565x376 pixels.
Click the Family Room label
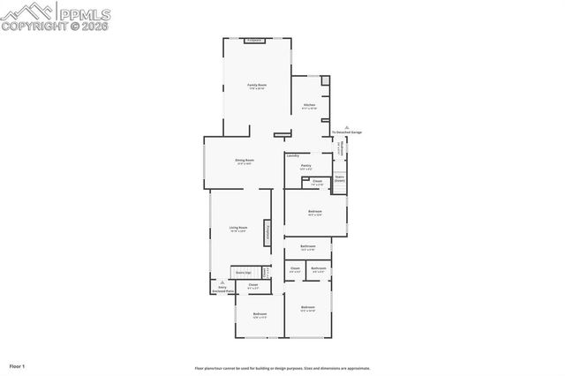[257, 85]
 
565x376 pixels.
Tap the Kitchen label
[309, 105]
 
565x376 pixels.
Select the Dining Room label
[244, 160]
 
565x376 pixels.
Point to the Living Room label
[238, 228]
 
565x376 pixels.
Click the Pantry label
[305, 165]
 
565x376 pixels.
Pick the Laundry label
[292, 155]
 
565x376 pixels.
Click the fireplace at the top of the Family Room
[255, 41]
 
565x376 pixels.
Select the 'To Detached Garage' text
[347, 132]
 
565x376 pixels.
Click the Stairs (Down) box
[339, 178]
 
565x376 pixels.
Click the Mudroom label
[339, 149]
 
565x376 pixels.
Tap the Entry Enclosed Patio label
[222, 289]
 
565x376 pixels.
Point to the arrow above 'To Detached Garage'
[347, 126]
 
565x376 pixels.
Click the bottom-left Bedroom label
[260, 314]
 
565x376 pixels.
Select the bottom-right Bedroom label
[307, 308]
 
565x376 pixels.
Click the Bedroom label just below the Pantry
[315, 212]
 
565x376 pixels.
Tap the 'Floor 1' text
[17, 365]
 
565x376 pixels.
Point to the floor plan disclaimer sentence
[282, 368]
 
